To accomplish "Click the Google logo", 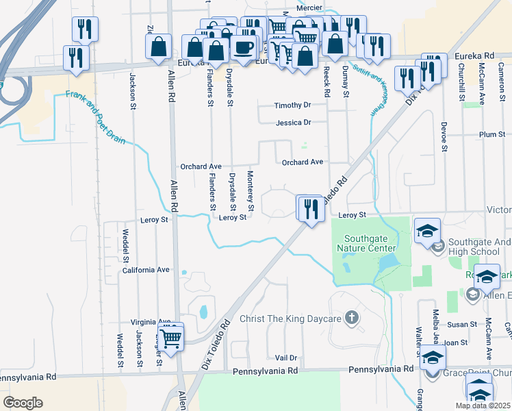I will click(x=23, y=403).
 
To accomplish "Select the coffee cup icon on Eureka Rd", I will click(x=242, y=47).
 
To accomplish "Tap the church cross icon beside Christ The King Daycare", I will click(x=350, y=318).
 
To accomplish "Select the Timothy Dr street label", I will click(x=292, y=105).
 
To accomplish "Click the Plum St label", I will click(x=491, y=135).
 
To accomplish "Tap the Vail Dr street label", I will click(x=286, y=358).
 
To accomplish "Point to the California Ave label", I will click(x=145, y=270).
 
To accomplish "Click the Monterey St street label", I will click(x=251, y=190).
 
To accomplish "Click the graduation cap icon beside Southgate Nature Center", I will click(x=427, y=231).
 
